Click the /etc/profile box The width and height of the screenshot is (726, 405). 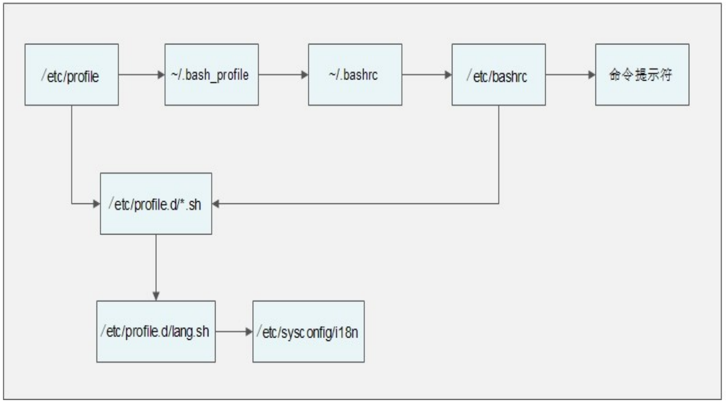click(72, 75)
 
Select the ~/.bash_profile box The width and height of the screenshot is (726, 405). click(212, 75)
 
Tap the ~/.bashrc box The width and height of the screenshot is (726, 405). click(355, 75)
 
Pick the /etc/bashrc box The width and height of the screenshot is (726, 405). click(499, 75)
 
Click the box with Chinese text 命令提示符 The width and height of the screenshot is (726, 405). click(643, 75)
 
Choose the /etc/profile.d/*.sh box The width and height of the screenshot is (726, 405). click(156, 203)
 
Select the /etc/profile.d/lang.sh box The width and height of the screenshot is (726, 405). click(156, 332)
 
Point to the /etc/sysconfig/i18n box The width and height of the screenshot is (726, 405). click(309, 332)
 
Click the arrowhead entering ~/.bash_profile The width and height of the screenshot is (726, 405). click(161, 75)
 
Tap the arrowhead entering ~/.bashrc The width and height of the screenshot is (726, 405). click(305, 75)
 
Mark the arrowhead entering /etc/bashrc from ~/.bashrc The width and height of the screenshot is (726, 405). click(449, 75)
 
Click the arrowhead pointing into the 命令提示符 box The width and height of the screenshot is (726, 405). click(592, 75)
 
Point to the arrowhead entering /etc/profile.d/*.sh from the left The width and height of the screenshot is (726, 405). click(97, 204)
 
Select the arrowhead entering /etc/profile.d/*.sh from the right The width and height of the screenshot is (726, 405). click(216, 204)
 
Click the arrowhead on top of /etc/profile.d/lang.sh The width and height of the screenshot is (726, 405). click(156, 296)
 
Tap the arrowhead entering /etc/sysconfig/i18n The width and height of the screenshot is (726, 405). click(249, 332)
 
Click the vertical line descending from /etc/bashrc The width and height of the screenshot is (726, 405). click(499, 155)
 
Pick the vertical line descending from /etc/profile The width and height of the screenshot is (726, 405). click(72, 155)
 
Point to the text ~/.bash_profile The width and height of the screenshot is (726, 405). click(210, 76)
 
